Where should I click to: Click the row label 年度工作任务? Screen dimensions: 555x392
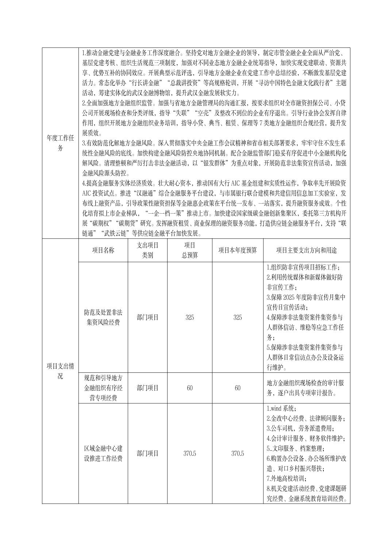(60, 143)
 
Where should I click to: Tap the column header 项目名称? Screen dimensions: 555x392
(103, 250)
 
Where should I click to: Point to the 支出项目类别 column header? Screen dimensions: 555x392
(147, 250)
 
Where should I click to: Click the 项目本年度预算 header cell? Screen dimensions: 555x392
(237, 250)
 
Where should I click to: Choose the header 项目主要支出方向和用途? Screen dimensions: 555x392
(306, 250)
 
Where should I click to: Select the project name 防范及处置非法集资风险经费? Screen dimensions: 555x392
(103, 317)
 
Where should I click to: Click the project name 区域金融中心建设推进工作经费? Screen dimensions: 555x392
(103, 453)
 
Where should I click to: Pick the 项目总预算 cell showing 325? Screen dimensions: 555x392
(189, 317)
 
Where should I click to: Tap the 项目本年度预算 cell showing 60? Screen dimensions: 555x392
(237, 388)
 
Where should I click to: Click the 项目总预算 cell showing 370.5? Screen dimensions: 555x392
(189, 453)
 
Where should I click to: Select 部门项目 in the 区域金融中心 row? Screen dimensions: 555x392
(147, 453)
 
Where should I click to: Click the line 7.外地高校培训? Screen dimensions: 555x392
(287, 478)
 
